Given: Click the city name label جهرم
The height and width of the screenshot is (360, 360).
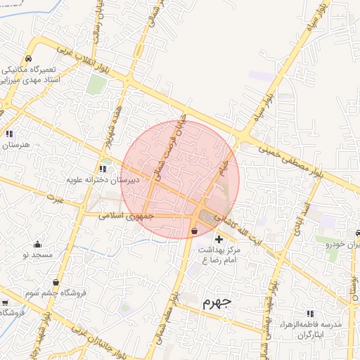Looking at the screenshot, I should [x=216, y=304].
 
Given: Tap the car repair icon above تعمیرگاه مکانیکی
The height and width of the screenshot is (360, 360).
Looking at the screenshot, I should [x=27, y=58].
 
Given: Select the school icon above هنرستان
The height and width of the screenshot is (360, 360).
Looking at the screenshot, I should [x=9, y=134].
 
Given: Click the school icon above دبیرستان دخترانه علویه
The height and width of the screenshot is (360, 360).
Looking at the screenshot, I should [x=103, y=169].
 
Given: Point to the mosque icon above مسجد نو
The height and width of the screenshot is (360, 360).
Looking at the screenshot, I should [x=37, y=244].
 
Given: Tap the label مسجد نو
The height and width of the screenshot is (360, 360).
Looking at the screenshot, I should [x=37, y=255].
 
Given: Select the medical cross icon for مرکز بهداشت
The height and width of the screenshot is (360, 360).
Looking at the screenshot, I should [x=219, y=240].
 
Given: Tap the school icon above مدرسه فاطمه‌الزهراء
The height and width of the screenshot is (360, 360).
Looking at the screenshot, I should [x=310, y=314].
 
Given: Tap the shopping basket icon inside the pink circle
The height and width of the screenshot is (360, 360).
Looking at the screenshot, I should [x=194, y=231].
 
